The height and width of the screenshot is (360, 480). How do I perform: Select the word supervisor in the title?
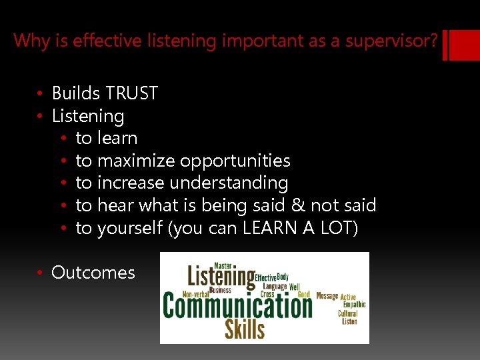click(391, 41)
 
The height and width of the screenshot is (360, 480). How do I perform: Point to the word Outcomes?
click(93, 273)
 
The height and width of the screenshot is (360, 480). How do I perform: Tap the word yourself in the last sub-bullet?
click(131, 228)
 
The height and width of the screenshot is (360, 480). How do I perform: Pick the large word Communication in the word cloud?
click(237, 306)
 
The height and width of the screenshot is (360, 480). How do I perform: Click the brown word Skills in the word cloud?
click(245, 329)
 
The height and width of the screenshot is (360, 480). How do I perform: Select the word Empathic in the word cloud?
click(354, 305)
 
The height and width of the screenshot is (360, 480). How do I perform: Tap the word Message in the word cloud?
click(327, 296)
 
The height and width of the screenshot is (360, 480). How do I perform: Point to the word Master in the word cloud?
click(223, 265)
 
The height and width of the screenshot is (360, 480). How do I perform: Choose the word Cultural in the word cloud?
click(348, 313)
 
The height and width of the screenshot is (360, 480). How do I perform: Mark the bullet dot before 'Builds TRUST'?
click(41, 94)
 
